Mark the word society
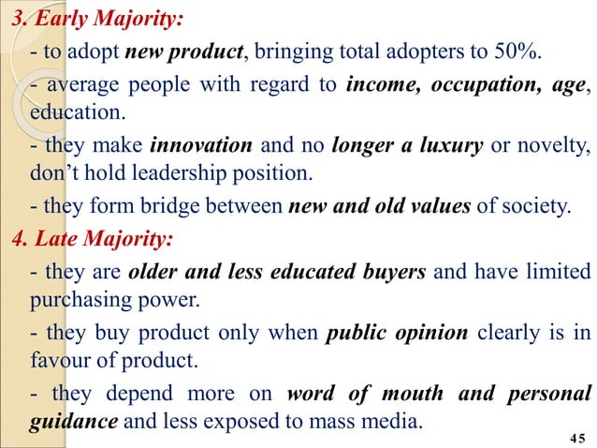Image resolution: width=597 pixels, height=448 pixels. [x=533, y=206]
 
